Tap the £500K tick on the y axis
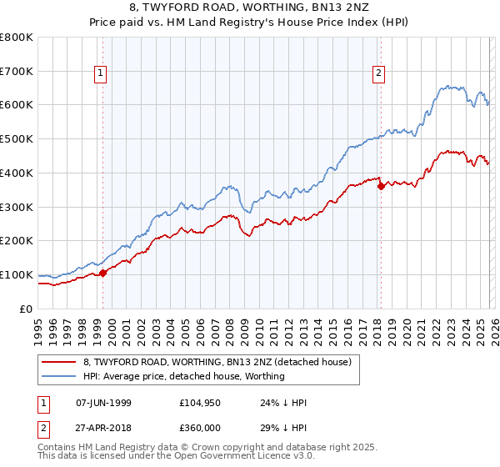[x=17, y=138]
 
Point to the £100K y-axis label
[x=17, y=274]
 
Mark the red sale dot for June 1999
[x=103, y=272]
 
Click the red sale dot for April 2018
[x=381, y=186]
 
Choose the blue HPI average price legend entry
[x=183, y=376]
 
